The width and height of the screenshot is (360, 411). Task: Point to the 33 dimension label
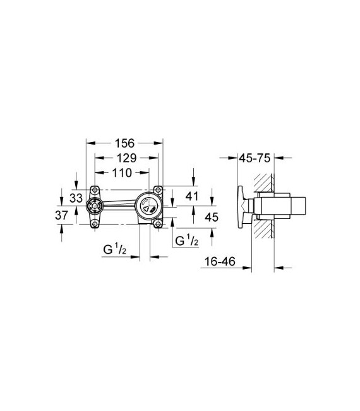coord(76,198)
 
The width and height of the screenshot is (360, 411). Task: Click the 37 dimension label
coord(61,216)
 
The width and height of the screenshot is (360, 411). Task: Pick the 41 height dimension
coord(192,196)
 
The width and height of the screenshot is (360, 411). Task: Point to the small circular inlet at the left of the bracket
coord(95,205)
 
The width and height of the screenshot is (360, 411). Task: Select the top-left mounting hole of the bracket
coord(95,190)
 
